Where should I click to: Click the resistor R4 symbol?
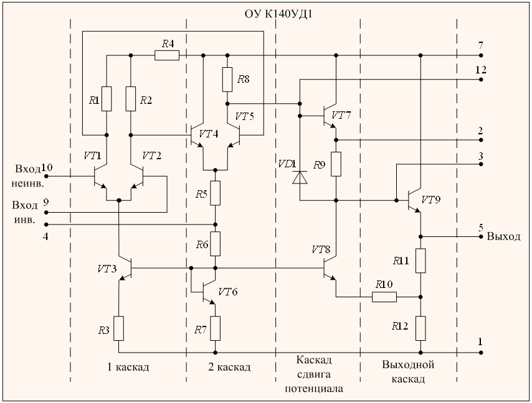tap(166, 55)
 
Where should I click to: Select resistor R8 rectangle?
tap(227, 80)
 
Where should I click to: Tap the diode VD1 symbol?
tap(300, 178)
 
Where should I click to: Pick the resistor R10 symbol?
tap(384, 297)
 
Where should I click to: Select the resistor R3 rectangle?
tap(118, 328)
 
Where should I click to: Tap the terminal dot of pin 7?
tap(480, 55)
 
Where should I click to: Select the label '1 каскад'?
tap(128, 367)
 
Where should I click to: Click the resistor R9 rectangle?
tap(336, 164)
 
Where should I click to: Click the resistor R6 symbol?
tap(215, 244)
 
